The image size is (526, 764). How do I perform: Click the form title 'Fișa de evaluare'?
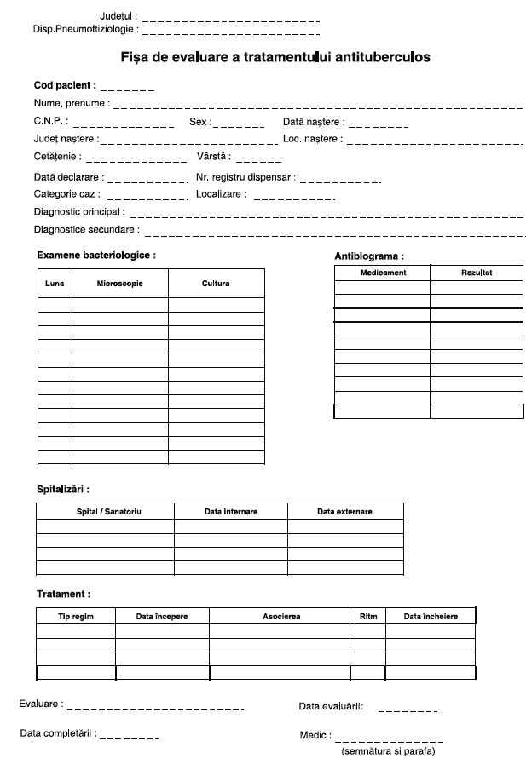[x=275, y=57]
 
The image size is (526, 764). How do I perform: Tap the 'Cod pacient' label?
[x=65, y=86]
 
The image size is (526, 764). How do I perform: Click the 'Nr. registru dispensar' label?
[x=246, y=177]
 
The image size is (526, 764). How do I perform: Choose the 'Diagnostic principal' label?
[x=78, y=211]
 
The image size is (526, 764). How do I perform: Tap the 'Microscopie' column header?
[x=119, y=283]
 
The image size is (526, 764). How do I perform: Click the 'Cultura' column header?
[x=216, y=283]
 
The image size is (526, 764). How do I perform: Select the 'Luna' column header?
[x=54, y=283]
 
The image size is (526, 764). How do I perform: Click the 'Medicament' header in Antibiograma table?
[x=383, y=273]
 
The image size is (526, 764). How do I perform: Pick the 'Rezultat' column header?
[x=477, y=273]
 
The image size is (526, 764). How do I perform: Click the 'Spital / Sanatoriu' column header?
[x=104, y=511]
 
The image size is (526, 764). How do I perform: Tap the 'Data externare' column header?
[x=344, y=511]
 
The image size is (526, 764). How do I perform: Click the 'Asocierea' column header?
[x=280, y=616]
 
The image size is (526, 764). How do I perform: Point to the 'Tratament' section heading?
[x=63, y=594]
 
